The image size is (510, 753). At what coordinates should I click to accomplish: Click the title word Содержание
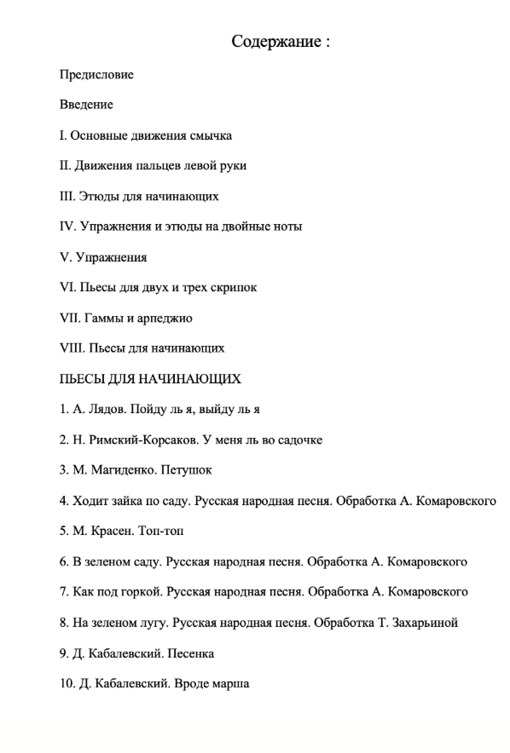(276, 42)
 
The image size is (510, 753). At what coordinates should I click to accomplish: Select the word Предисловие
(96, 75)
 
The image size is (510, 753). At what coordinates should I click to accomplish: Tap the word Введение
(86, 105)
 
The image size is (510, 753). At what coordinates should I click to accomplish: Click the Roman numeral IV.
(67, 226)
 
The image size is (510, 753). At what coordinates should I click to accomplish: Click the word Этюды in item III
(99, 196)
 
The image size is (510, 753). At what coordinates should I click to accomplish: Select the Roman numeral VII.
(70, 318)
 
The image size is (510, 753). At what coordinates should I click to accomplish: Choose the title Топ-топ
(161, 531)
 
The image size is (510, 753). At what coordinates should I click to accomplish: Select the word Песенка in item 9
(191, 653)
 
